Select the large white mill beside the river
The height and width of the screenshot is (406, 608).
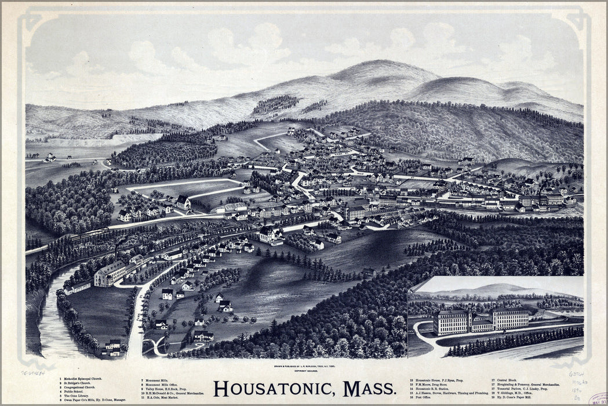(110, 273)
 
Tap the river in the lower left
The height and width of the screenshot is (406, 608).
(52, 325)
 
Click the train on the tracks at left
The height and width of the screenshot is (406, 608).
(87, 234)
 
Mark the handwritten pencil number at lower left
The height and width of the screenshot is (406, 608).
(33, 374)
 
